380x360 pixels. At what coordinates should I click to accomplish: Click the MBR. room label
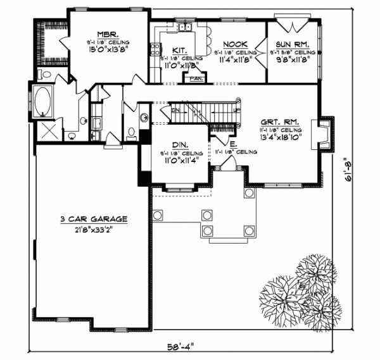pyautogui.click(x=105, y=35)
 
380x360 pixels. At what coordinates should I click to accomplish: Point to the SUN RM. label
pyautogui.click(x=291, y=45)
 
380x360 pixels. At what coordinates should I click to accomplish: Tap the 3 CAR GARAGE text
pyautogui.click(x=94, y=219)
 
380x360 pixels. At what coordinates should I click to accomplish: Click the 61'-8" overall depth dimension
pyautogui.click(x=345, y=171)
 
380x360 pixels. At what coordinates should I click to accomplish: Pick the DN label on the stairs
pyautogui.click(x=175, y=109)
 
